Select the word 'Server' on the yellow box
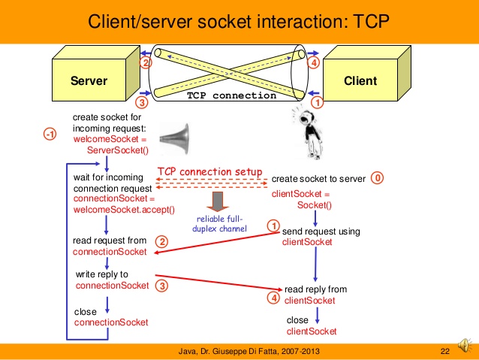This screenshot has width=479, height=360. [89, 80]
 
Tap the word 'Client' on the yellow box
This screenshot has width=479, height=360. [360, 80]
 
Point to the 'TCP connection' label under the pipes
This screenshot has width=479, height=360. [231, 96]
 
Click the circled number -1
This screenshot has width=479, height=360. [50, 135]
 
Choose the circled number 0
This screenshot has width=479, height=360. [378, 179]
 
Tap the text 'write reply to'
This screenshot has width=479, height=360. [101, 274]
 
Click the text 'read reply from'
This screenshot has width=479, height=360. [315, 289]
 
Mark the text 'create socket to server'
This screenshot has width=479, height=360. [318, 179]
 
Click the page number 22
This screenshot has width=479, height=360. [444, 352]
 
